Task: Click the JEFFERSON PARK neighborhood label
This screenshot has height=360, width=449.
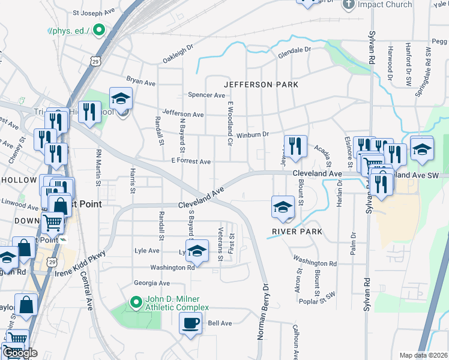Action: click(x=261, y=85)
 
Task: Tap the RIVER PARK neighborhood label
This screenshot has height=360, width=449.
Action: click(x=297, y=232)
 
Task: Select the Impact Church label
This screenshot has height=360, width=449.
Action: click(x=385, y=5)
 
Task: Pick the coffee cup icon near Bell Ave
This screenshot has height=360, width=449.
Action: click(x=191, y=323)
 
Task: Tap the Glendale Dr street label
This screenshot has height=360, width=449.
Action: click(x=294, y=53)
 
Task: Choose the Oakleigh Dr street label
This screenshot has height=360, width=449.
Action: click(x=179, y=55)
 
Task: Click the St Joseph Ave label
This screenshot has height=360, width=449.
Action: click(x=92, y=12)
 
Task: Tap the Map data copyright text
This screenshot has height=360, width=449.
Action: click(x=423, y=355)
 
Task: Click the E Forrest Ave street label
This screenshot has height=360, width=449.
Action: click(x=191, y=161)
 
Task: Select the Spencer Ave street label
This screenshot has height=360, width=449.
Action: click(x=206, y=95)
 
